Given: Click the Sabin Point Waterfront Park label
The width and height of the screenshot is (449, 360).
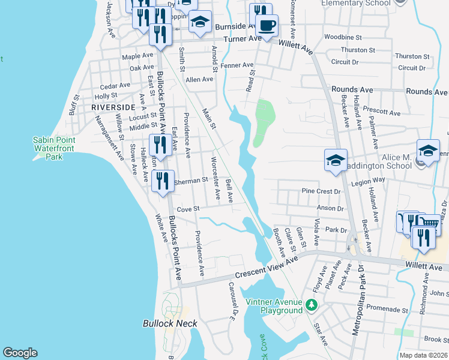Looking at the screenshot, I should coord(47,148).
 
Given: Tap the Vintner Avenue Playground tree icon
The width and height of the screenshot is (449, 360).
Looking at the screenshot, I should coord(311,305).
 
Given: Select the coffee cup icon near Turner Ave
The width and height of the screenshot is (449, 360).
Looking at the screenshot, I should coord(266,25).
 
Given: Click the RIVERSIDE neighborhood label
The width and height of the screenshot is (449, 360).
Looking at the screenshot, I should coord(113,107).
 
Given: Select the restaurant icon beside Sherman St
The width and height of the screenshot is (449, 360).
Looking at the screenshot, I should coord(163,181).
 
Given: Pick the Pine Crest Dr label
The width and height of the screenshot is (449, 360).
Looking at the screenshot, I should coord(321,191).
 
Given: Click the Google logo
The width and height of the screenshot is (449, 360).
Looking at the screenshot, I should coord(20,353).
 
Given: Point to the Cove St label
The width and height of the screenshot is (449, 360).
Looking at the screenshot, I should coord(188,209).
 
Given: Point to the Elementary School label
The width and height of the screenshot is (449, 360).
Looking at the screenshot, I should coord(356,3).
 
